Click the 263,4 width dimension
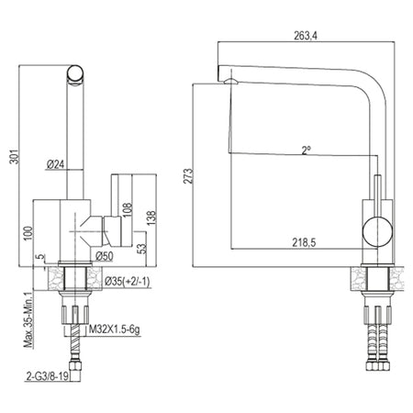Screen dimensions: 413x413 point(306,36)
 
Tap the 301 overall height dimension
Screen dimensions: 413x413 point(15,156)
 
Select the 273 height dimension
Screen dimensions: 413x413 point(188,176)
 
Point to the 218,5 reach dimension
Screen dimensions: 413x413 point(304,242)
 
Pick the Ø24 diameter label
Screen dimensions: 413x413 point(56,164)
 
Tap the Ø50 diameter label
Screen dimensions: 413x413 point(104,256)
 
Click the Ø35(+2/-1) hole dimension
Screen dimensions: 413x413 point(128,281)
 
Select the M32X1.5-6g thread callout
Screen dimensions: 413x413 point(115,329)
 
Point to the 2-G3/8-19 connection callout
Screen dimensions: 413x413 point(48,376)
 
